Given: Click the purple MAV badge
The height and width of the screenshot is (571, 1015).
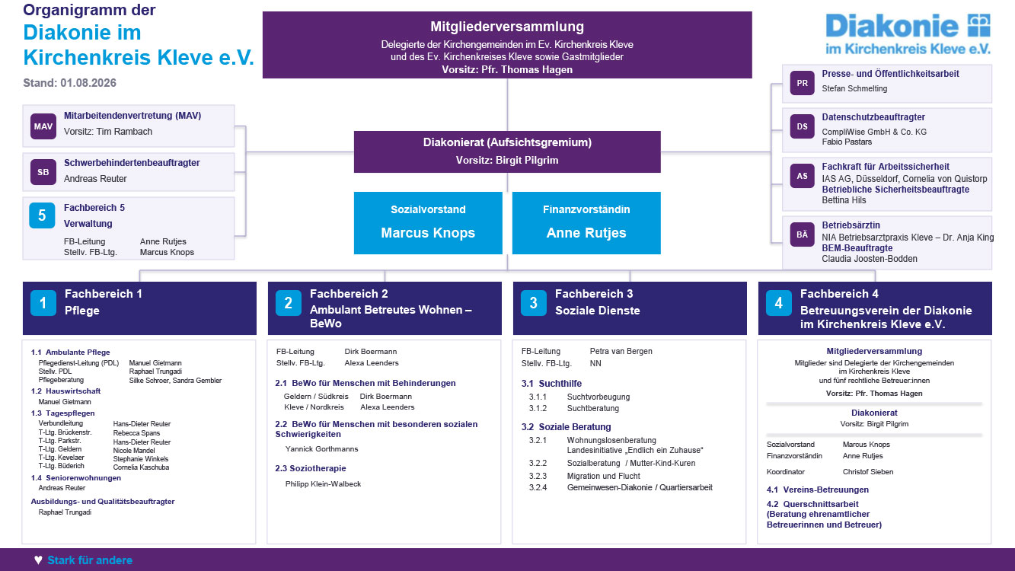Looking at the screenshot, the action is [43, 126].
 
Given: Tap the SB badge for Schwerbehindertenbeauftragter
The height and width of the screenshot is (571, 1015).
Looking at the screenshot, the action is [43, 172].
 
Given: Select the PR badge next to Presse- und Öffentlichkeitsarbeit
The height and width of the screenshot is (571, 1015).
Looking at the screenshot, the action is [802, 83].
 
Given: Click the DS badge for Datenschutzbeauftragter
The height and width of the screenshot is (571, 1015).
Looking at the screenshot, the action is [802, 126].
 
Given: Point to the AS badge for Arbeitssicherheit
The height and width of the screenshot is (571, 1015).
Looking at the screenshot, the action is [802, 176].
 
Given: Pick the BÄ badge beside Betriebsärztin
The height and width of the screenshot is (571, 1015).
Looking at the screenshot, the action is [802, 234].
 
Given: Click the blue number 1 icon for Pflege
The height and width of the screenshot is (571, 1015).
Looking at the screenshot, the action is [43, 303].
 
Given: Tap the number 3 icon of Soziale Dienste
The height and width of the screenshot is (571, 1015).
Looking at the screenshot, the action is [533, 303].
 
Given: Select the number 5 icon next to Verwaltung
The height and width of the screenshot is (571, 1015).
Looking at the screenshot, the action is [42, 215].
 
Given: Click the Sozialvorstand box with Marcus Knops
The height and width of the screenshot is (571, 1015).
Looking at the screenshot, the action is [428, 223].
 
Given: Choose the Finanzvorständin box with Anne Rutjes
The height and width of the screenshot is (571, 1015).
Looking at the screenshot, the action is [586, 223].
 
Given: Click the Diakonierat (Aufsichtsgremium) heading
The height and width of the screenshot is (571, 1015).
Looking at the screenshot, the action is [507, 142].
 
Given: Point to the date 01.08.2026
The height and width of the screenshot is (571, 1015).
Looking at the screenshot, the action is [88, 83].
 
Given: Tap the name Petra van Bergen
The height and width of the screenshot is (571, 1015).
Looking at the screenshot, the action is [621, 351].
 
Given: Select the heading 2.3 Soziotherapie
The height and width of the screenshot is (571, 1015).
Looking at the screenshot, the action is [311, 468].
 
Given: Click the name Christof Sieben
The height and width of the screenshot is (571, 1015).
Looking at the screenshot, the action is [868, 472].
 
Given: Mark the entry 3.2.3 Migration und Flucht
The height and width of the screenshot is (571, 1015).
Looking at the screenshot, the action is [585, 476].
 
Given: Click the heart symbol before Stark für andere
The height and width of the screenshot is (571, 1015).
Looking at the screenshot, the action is [38, 560].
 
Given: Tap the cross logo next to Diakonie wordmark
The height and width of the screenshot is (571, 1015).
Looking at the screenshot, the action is [979, 25].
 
